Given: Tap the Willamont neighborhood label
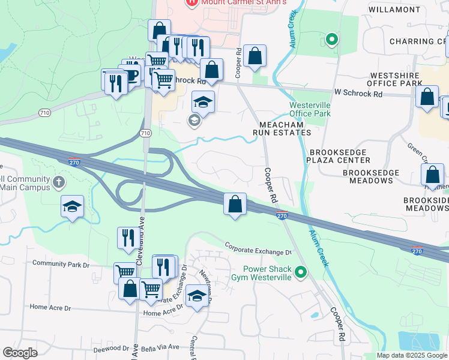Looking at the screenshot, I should pyautogui.click(x=411, y=10).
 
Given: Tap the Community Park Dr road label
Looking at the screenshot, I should pyautogui.click(x=61, y=263).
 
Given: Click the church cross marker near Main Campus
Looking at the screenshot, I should pyautogui.click(x=58, y=181).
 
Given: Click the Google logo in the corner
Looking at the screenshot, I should pyautogui.click(x=20, y=353).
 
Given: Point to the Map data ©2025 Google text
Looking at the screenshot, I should pyautogui.click(x=412, y=355).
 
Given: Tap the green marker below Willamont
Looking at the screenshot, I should pyautogui.click(x=331, y=40).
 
